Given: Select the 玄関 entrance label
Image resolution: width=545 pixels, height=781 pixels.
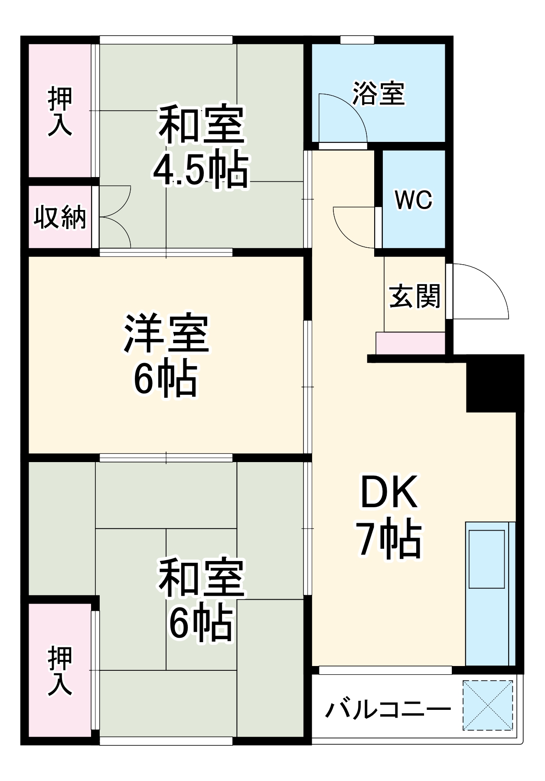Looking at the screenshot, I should coord(414,296).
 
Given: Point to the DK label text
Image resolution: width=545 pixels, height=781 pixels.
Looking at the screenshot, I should coord(389,492).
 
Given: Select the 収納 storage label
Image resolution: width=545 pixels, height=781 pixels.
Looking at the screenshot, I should coord(60,217).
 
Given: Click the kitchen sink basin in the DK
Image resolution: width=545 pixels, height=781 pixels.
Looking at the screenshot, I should coord(486,559).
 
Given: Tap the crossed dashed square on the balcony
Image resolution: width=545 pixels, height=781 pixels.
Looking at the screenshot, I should coord(487,706).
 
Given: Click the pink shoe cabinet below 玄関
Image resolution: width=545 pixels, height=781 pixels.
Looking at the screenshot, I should coord(410,343).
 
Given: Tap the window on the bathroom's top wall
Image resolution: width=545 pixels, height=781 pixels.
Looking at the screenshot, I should coord(357,40).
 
